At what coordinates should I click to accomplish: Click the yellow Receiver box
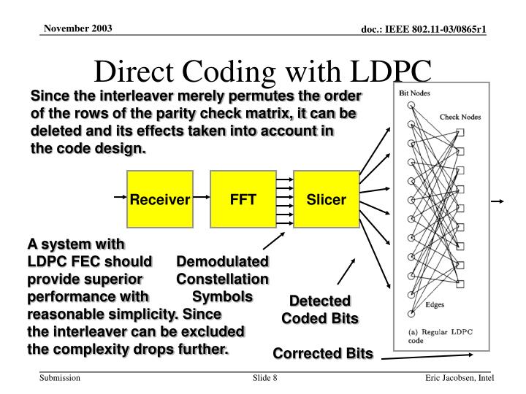(x=160, y=198)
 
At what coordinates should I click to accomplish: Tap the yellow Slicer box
(x=327, y=198)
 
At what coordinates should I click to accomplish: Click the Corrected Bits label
(x=323, y=354)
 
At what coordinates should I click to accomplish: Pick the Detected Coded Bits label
(x=320, y=310)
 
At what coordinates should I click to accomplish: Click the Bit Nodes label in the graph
(x=413, y=93)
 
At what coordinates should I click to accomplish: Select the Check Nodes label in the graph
(x=460, y=117)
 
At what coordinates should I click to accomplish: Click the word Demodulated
(x=223, y=261)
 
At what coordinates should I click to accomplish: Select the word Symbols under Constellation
(x=223, y=297)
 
